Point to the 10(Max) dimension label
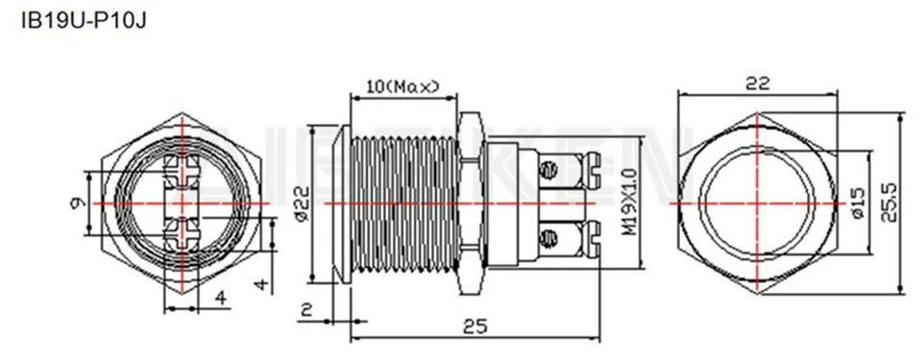click(402, 87)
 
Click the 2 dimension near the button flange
click(304, 309)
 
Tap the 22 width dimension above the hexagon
click(758, 84)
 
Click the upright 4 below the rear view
click(221, 299)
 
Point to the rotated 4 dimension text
click(259, 285)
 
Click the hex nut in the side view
click(471, 204)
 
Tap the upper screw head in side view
click(550, 171)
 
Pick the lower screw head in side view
click(550, 237)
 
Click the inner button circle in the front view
click(758, 204)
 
